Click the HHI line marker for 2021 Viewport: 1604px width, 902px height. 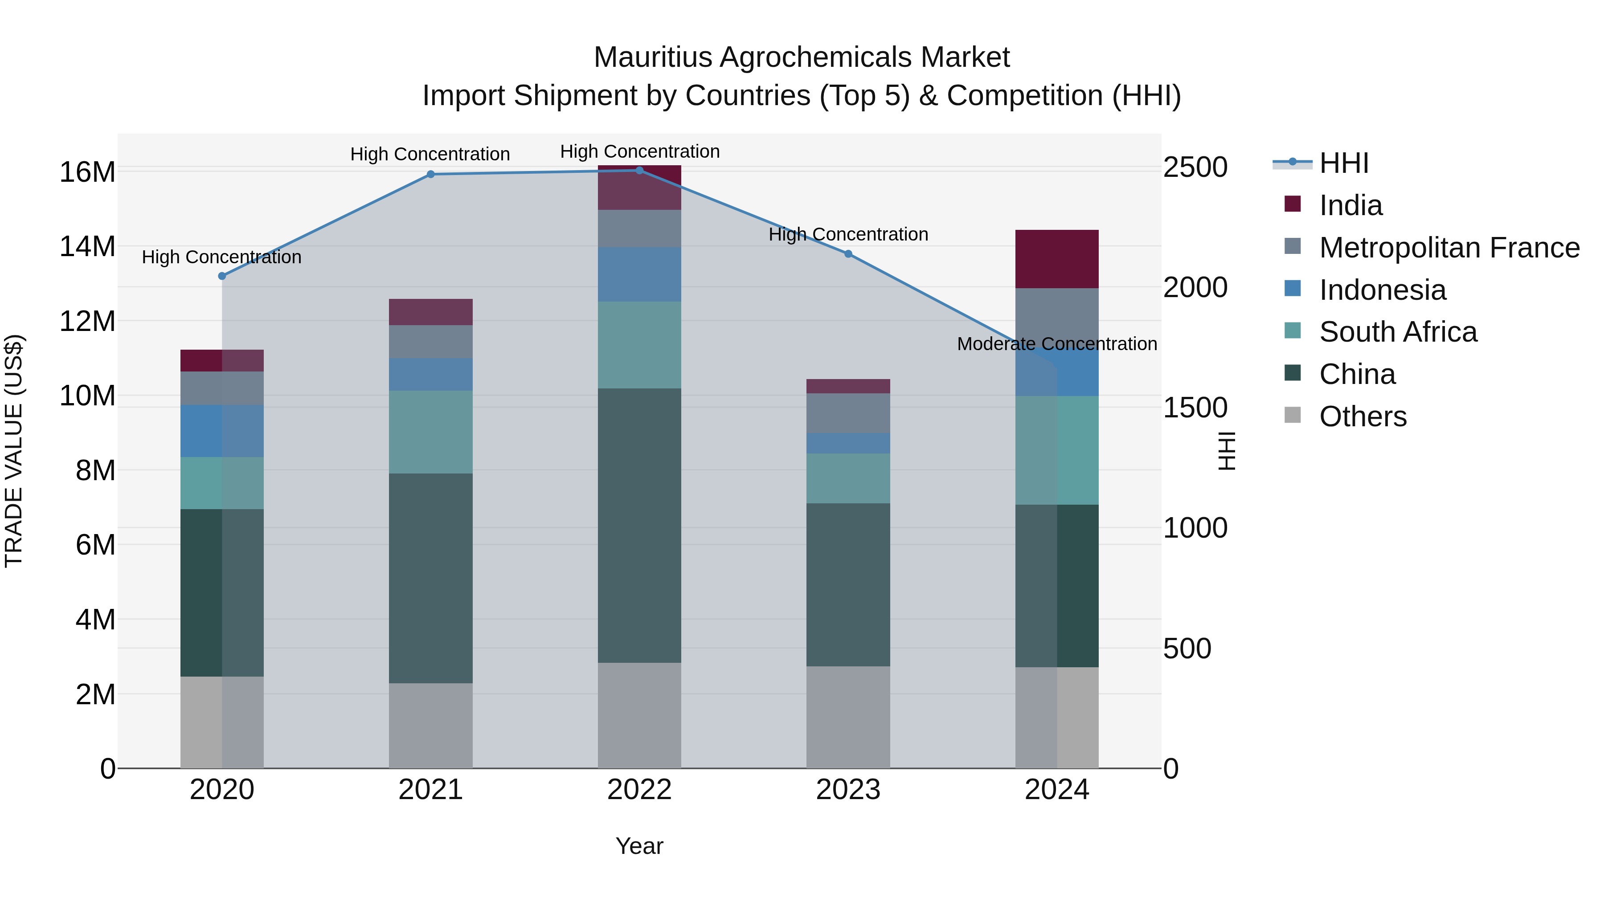tap(430, 174)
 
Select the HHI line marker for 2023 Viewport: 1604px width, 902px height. tap(848, 254)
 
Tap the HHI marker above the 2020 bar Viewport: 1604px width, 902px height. tap(222, 276)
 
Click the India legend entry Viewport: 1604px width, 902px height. tap(1350, 205)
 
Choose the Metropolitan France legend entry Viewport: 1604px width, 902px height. tap(1449, 248)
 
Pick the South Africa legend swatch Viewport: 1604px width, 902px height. tap(1293, 331)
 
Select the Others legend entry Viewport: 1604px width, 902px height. tap(1363, 416)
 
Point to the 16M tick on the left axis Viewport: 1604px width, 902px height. tap(87, 172)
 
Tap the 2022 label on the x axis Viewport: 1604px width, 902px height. tap(639, 790)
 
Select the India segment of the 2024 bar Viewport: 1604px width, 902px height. tap(1057, 259)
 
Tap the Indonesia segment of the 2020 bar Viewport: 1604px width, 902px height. tap(222, 431)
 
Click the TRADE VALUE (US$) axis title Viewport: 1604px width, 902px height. tap(14, 451)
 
